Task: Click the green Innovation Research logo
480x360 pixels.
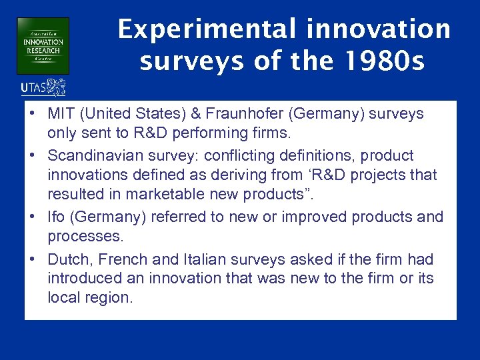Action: [43, 45]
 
